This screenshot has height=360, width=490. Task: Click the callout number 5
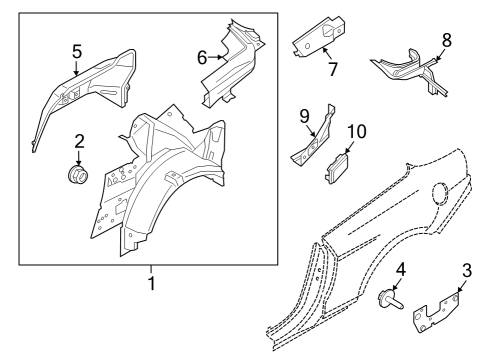[76, 49]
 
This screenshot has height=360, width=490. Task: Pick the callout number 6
[201, 58]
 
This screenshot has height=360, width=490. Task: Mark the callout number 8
[446, 41]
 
